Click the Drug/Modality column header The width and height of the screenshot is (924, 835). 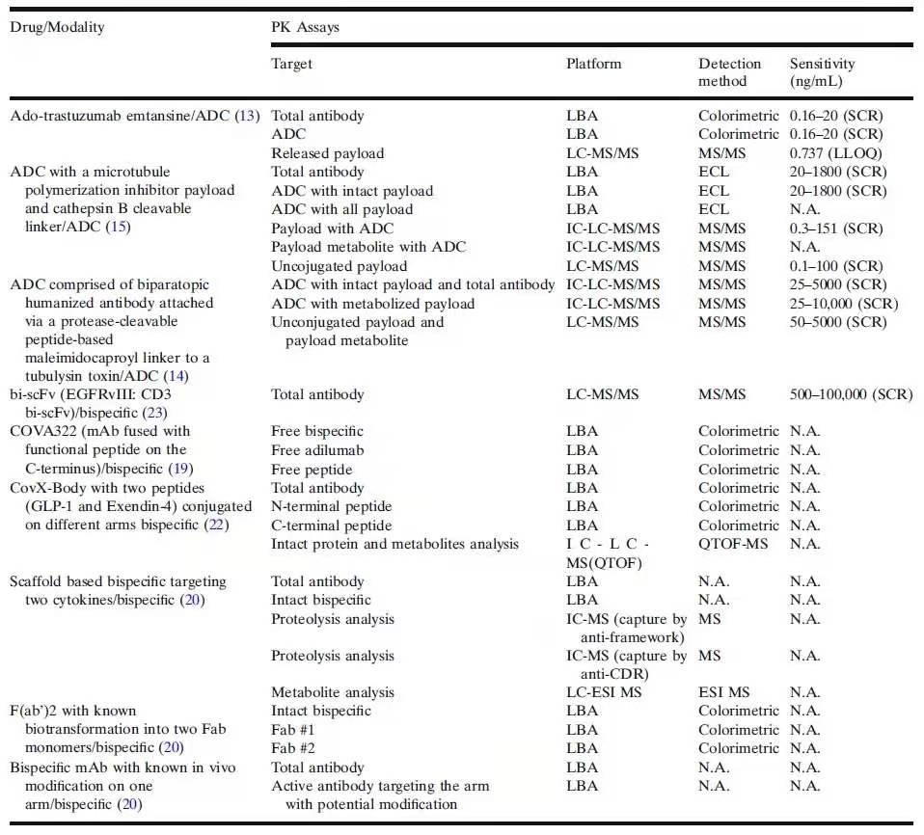(x=57, y=27)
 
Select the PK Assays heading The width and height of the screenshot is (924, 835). (x=305, y=27)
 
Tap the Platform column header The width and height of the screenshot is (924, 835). (x=593, y=64)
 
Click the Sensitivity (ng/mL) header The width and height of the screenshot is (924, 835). (x=822, y=72)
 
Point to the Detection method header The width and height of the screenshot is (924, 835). (x=729, y=72)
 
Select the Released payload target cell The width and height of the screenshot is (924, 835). (x=327, y=153)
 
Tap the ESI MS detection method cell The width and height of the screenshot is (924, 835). (x=724, y=692)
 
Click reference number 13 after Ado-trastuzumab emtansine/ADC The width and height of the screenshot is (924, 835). (x=249, y=116)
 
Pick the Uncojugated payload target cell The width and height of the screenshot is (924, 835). (x=339, y=266)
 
